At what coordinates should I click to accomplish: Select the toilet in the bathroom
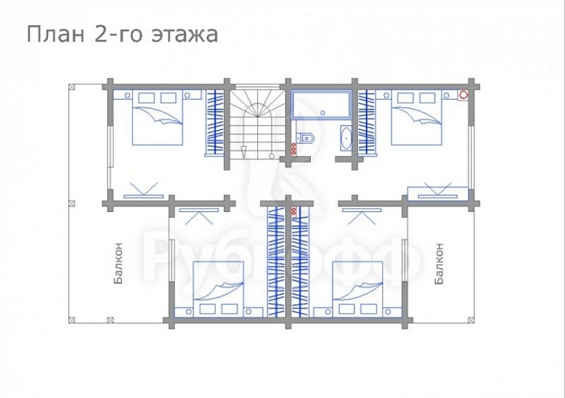305,135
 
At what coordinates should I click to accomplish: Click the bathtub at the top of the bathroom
320,104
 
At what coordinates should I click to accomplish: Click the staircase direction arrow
244,150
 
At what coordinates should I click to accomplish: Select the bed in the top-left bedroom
158,118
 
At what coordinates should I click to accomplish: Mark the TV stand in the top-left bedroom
142,194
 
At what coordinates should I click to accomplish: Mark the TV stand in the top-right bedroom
436,192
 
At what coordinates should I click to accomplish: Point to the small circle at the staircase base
272,155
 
